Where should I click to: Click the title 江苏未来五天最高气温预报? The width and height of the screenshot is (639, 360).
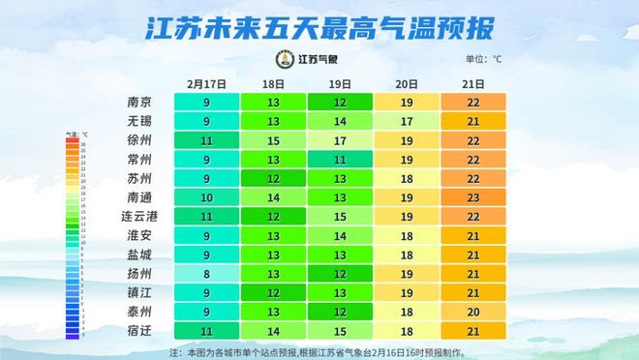point(319,27)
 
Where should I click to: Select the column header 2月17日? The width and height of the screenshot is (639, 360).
point(205,84)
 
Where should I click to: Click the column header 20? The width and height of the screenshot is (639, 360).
point(406,84)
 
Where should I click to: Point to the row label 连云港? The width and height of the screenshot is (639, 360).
point(138,216)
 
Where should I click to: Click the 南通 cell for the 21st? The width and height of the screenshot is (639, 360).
point(472,196)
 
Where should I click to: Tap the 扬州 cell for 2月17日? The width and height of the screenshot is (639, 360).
point(205,273)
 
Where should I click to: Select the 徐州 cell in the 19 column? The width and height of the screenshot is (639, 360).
point(339,140)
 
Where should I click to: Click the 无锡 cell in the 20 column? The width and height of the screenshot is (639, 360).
point(406,121)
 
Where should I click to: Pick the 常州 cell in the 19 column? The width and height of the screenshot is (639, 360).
point(339,159)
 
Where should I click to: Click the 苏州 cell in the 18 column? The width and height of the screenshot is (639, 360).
point(272,178)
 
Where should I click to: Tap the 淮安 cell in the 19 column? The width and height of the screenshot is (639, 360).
point(339,235)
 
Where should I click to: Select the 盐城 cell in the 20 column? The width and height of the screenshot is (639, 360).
point(406,254)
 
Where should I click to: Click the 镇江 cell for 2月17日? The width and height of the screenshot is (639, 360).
point(205,292)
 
